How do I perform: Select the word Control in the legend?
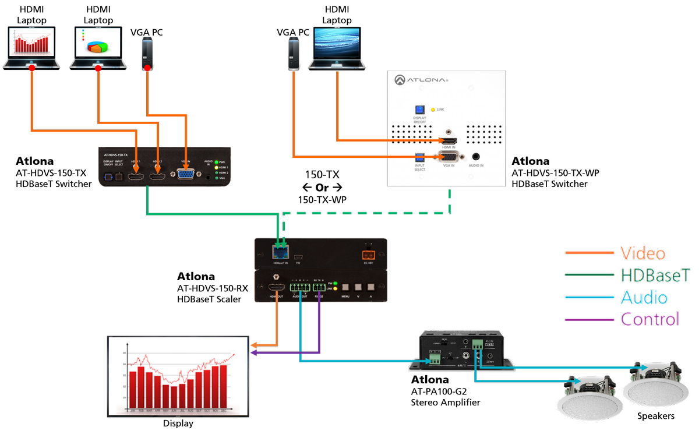pos(649,319)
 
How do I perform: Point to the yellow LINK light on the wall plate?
pos(433,110)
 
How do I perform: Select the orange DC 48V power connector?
pos(368,253)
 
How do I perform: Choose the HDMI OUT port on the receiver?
pos(277,288)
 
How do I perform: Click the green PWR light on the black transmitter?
pos(216,162)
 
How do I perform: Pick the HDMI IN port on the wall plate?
pos(449,141)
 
